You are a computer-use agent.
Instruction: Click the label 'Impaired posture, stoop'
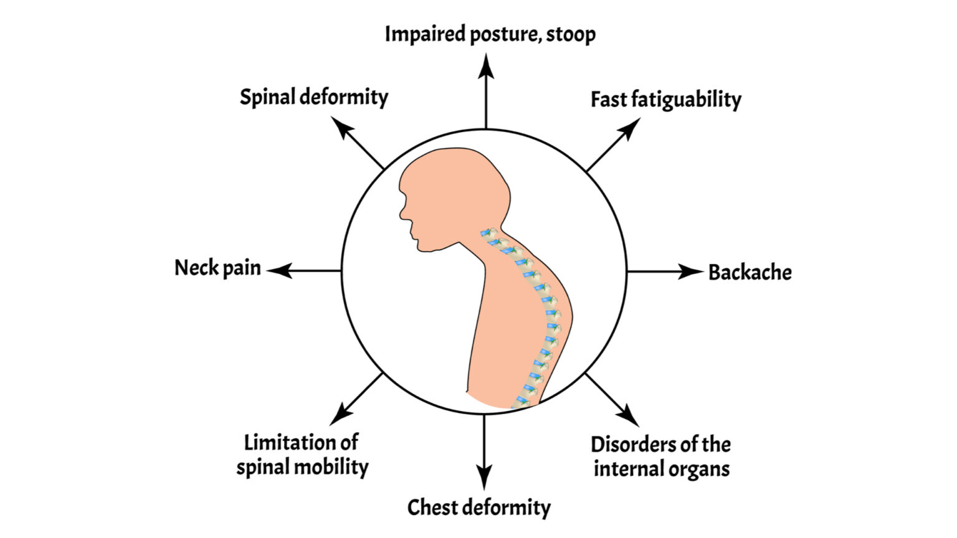[490, 34]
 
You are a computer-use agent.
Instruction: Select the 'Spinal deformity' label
[314, 97]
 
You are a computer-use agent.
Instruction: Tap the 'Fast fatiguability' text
[665, 100]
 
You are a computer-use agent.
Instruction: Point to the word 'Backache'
[750, 272]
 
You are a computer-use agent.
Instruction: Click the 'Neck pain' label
[217, 268]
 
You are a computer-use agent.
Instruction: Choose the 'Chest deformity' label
[478, 507]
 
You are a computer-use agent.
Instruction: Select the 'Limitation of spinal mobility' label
[302, 455]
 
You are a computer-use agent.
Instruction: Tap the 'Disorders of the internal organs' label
[661, 456]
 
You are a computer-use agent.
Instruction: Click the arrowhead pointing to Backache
[692, 271]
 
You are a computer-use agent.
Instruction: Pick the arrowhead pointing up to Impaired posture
[486, 65]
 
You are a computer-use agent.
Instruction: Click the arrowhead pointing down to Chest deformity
[484, 479]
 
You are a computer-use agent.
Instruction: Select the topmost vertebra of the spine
[486, 234]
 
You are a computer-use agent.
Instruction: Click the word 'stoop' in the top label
[570, 34]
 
